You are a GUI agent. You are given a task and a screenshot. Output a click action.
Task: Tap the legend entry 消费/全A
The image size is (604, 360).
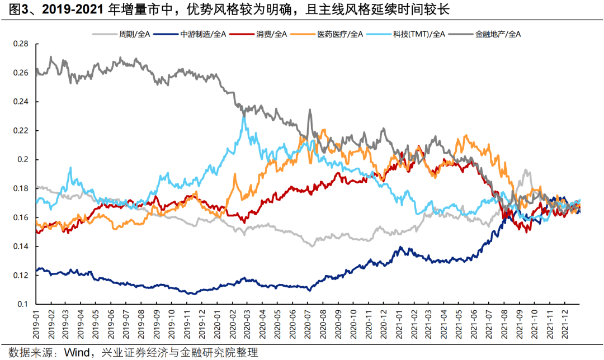pos(272,34)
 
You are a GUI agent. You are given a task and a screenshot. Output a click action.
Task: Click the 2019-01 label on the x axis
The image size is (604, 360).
pos(37,324)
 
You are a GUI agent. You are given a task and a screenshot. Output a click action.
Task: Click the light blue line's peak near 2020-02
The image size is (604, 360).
pos(243,115)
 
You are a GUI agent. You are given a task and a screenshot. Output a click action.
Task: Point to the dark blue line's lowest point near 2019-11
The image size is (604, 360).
pos(191,293)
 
